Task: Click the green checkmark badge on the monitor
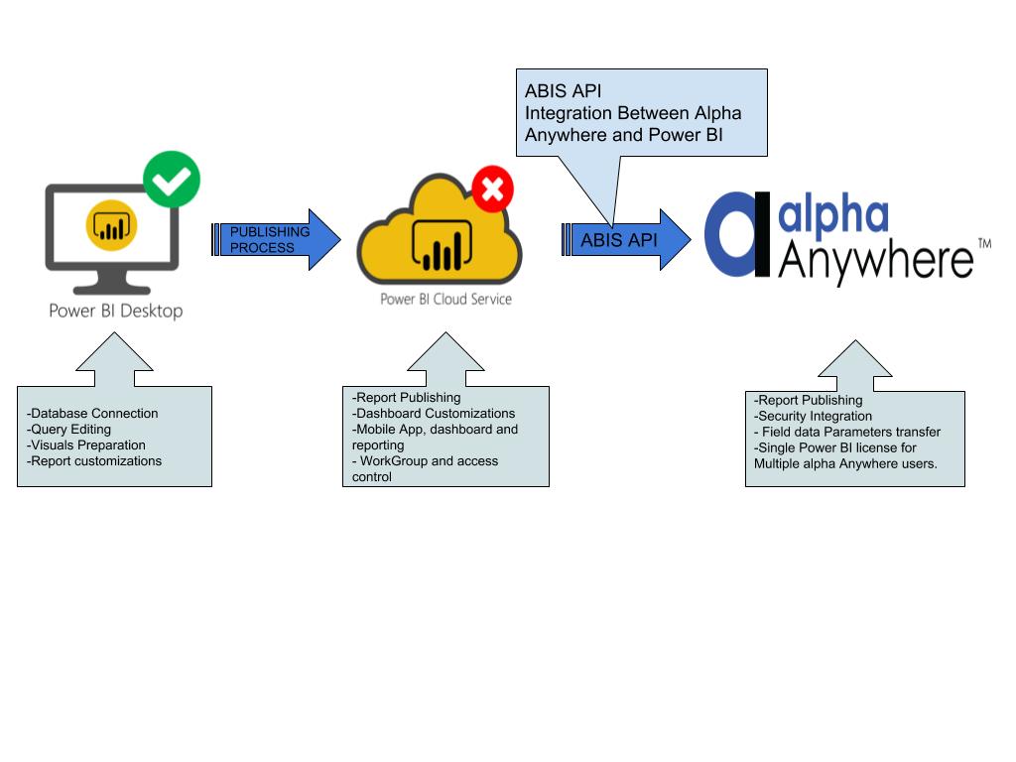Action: pos(172,180)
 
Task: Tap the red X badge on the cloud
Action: pos(492,189)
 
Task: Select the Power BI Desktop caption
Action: pos(116,311)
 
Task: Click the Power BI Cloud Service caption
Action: pos(446,298)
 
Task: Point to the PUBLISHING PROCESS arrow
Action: pos(278,239)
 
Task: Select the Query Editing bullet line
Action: pos(69,430)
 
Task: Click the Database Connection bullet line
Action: pos(93,414)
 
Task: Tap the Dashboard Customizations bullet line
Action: pos(435,413)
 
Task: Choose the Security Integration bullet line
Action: pos(814,416)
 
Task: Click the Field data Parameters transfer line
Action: pos(849,432)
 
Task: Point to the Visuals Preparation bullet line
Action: pos(86,445)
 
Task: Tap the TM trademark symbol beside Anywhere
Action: pos(984,243)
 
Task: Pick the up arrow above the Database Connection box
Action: pos(114,359)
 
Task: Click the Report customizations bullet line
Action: pos(95,461)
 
